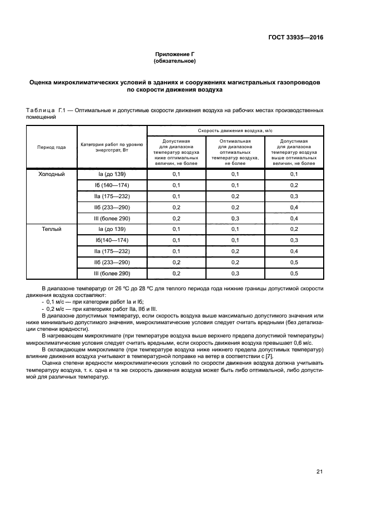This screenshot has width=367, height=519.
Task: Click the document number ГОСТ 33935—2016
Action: tap(294, 38)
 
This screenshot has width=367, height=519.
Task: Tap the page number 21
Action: tap(319, 472)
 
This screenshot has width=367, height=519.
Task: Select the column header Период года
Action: tap(52, 148)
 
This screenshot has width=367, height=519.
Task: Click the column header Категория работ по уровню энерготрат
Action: tap(112, 147)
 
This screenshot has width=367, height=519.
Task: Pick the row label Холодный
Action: tap(52, 174)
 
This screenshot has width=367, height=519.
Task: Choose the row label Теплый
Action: tap(52, 229)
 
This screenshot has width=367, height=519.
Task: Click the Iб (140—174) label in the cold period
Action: tap(112, 185)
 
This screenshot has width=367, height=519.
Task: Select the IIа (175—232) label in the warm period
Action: tap(112, 251)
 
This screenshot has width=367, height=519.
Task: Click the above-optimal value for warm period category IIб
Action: tap(294, 262)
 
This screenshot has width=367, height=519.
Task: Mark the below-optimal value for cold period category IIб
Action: tap(176, 207)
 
